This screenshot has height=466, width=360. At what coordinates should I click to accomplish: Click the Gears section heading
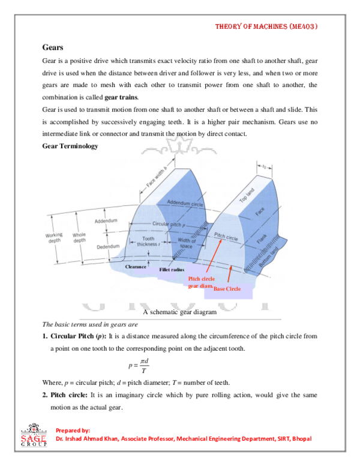53,46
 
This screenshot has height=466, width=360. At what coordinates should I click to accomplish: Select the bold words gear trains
121,97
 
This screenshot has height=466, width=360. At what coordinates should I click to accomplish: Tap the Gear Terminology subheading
70,146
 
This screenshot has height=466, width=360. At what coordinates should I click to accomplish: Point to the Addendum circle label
186,202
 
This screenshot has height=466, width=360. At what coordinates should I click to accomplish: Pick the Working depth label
53,238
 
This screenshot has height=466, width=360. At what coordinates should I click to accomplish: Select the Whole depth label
79,238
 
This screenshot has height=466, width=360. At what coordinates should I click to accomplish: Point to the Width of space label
187,243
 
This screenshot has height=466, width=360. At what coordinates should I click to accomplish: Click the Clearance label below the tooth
136,266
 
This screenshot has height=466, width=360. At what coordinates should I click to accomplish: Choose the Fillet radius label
171,271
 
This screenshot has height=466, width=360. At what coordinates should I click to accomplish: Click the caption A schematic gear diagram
179,312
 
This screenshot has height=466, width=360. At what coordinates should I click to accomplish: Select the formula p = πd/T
137,365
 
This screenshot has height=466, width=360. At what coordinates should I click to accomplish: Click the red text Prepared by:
73,431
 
